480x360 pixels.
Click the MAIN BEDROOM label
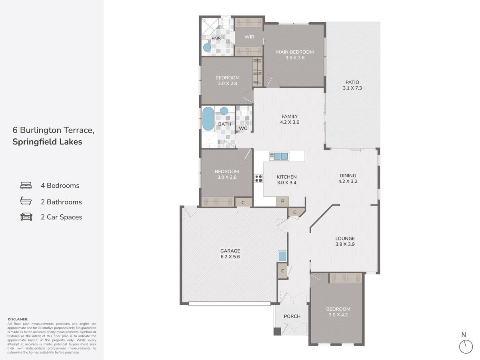coord(295,52)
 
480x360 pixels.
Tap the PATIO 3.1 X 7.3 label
coord(352,85)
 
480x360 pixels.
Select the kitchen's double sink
coord(279,156)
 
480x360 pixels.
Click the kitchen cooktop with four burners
coord(258,178)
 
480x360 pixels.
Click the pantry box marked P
coord(282,201)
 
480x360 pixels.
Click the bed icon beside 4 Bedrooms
coord(26,186)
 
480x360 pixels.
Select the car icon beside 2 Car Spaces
coord(26,217)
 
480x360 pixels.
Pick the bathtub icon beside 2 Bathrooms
coord(26,201)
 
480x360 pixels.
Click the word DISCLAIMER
coord(18,319)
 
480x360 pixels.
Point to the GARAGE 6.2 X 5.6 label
coord(230,254)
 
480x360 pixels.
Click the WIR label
coord(249,37)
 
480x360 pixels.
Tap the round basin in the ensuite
coord(207,48)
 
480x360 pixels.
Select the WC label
coord(243,128)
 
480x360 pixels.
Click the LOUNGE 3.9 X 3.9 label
coord(345,241)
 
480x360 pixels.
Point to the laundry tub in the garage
coord(282,256)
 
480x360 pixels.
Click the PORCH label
coord(292,316)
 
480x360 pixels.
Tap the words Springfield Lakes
coord(47,142)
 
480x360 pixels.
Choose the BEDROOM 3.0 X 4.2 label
coord(338,312)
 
